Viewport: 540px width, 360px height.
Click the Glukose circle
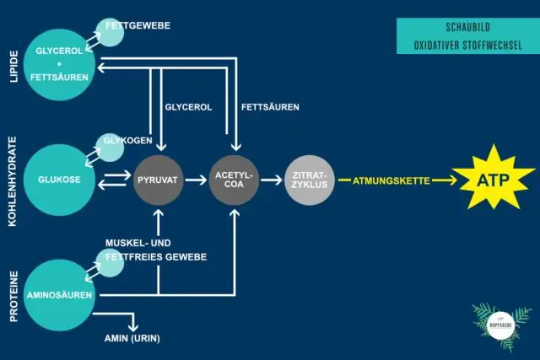point(58,180)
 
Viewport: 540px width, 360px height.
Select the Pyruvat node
point(159,180)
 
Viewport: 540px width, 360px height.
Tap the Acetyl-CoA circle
point(234,180)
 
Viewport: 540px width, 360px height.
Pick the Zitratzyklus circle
point(310,180)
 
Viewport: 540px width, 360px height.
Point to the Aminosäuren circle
point(58,295)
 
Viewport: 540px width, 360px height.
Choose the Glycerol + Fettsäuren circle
point(58,64)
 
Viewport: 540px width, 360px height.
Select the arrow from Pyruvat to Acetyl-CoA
point(196,180)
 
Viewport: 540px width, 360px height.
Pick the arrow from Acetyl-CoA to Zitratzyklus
point(271,180)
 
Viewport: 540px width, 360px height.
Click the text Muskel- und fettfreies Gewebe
point(156,250)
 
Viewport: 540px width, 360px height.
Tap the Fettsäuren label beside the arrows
point(270,108)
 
